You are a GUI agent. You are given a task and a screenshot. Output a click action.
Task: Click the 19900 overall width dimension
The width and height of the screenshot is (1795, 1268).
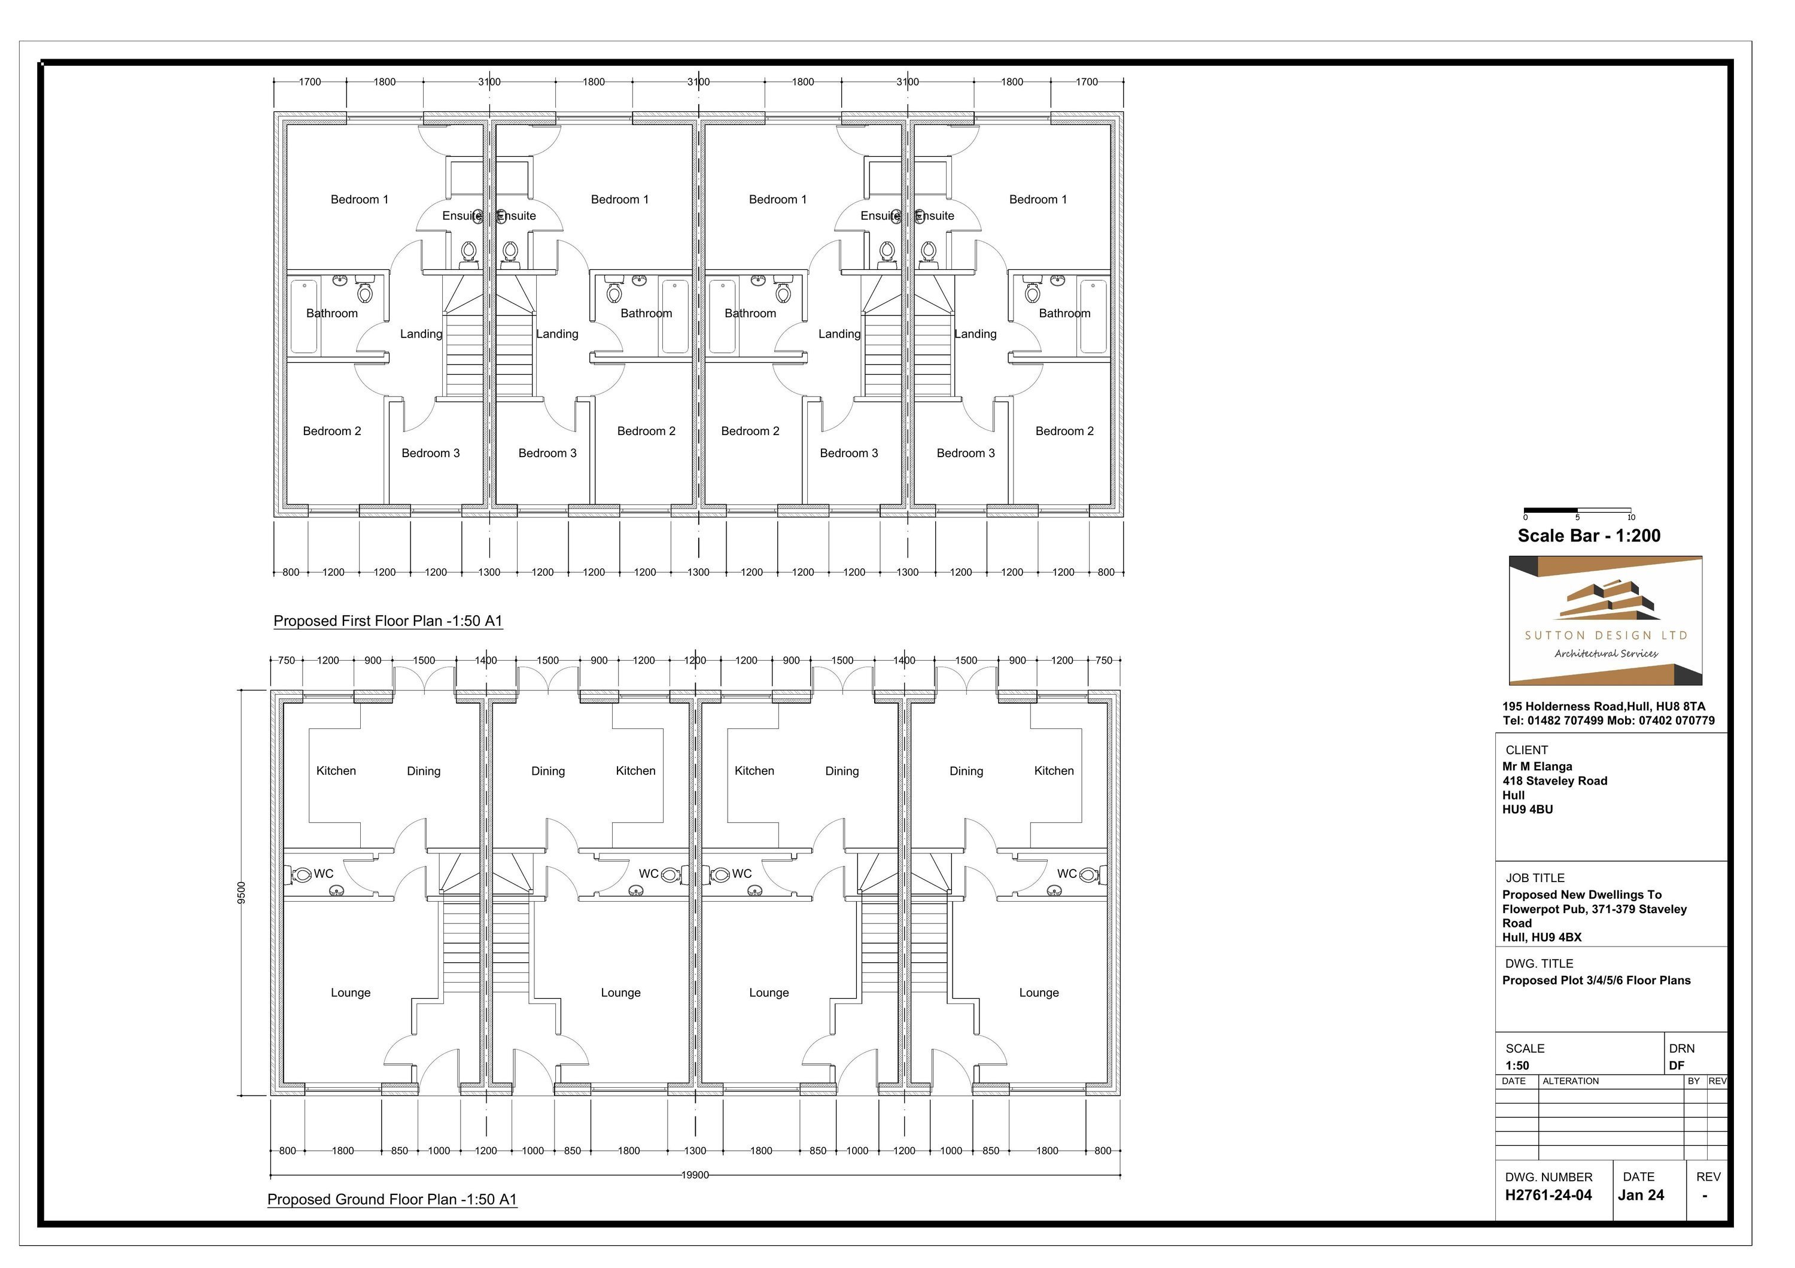(x=694, y=1174)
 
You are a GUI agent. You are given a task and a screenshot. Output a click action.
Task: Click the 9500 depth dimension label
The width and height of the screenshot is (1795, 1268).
(x=242, y=892)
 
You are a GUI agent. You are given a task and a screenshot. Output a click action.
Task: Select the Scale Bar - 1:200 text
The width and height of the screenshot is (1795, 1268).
(x=1589, y=536)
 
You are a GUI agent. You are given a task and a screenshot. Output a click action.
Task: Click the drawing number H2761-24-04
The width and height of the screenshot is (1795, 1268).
(x=1548, y=1196)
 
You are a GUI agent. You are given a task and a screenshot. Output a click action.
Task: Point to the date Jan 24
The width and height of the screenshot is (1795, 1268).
(x=1640, y=1196)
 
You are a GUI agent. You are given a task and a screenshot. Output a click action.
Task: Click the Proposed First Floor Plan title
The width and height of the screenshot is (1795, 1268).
(x=388, y=622)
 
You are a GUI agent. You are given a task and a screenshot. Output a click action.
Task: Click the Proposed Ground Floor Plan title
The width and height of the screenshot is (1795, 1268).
(x=392, y=1200)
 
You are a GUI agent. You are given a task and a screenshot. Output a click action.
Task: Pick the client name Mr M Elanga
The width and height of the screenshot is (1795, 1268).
(x=1537, y=767)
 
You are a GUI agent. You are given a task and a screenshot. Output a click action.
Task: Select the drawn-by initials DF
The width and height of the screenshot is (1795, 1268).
(x=1676, y=1066)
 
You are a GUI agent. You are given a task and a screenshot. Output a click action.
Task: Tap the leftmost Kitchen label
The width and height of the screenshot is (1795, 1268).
(x=336, y=771)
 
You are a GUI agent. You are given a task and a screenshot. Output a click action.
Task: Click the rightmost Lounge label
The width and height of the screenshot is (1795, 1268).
(x=1038, y=993)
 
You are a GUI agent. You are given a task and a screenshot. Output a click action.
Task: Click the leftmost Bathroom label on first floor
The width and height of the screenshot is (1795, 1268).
(x=331, y=314)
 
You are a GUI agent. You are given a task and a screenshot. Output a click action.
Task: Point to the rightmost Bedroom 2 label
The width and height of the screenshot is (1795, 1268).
(x=1064, y=431)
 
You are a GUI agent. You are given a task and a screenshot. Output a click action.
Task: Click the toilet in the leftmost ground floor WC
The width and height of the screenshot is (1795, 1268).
(x=302, y=875)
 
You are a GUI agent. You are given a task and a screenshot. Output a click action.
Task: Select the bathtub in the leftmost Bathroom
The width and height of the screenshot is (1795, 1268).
(x=304, y=317)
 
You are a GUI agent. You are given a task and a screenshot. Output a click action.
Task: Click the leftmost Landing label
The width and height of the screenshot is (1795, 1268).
(x=421, y=334)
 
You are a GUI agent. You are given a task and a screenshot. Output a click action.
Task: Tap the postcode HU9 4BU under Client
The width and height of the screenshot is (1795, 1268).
(x=1527, y=810)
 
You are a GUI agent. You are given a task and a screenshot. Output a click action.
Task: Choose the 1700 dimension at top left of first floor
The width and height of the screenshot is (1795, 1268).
(x=309, y=81)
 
